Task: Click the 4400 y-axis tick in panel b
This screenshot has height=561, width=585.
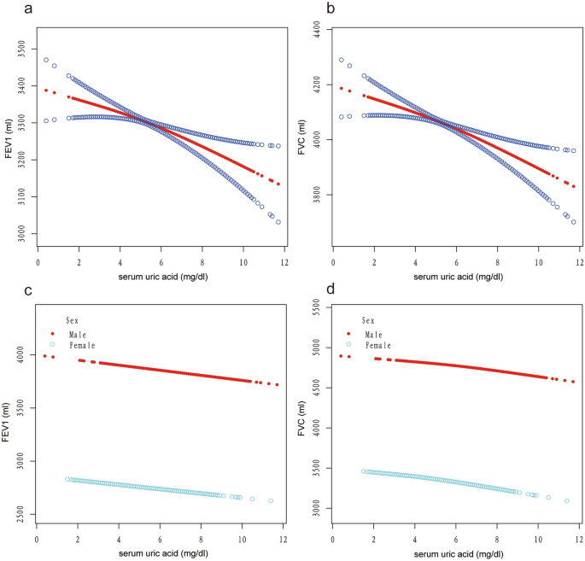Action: click(315, 28)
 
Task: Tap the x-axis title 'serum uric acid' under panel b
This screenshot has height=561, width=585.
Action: click(458, 278)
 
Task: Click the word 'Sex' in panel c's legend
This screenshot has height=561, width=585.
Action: click(73, 320)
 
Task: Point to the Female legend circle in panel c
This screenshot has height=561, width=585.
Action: click(53, 345)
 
